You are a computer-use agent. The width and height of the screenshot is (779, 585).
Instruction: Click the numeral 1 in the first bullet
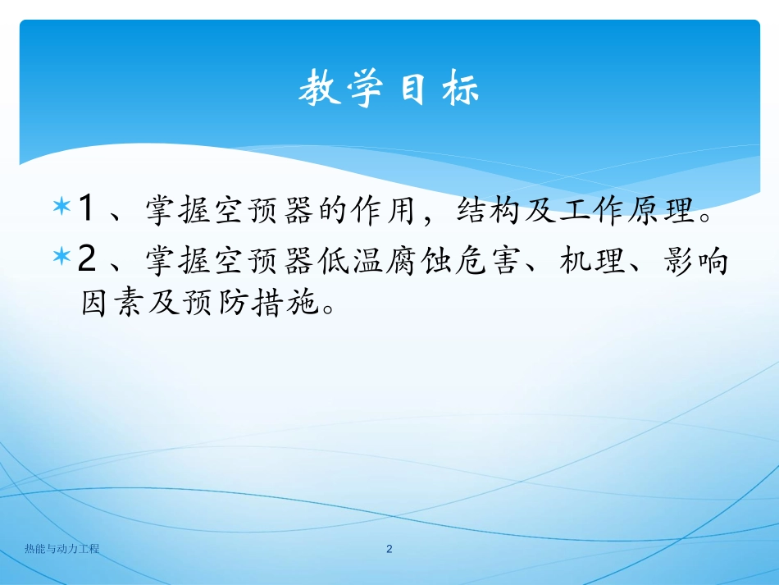pos(85,209)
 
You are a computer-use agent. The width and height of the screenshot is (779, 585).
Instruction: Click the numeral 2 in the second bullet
pos(87,260)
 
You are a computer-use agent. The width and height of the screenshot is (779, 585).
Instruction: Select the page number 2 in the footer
pos(389,549)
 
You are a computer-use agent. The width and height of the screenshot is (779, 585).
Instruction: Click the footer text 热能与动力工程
pos(62,549)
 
